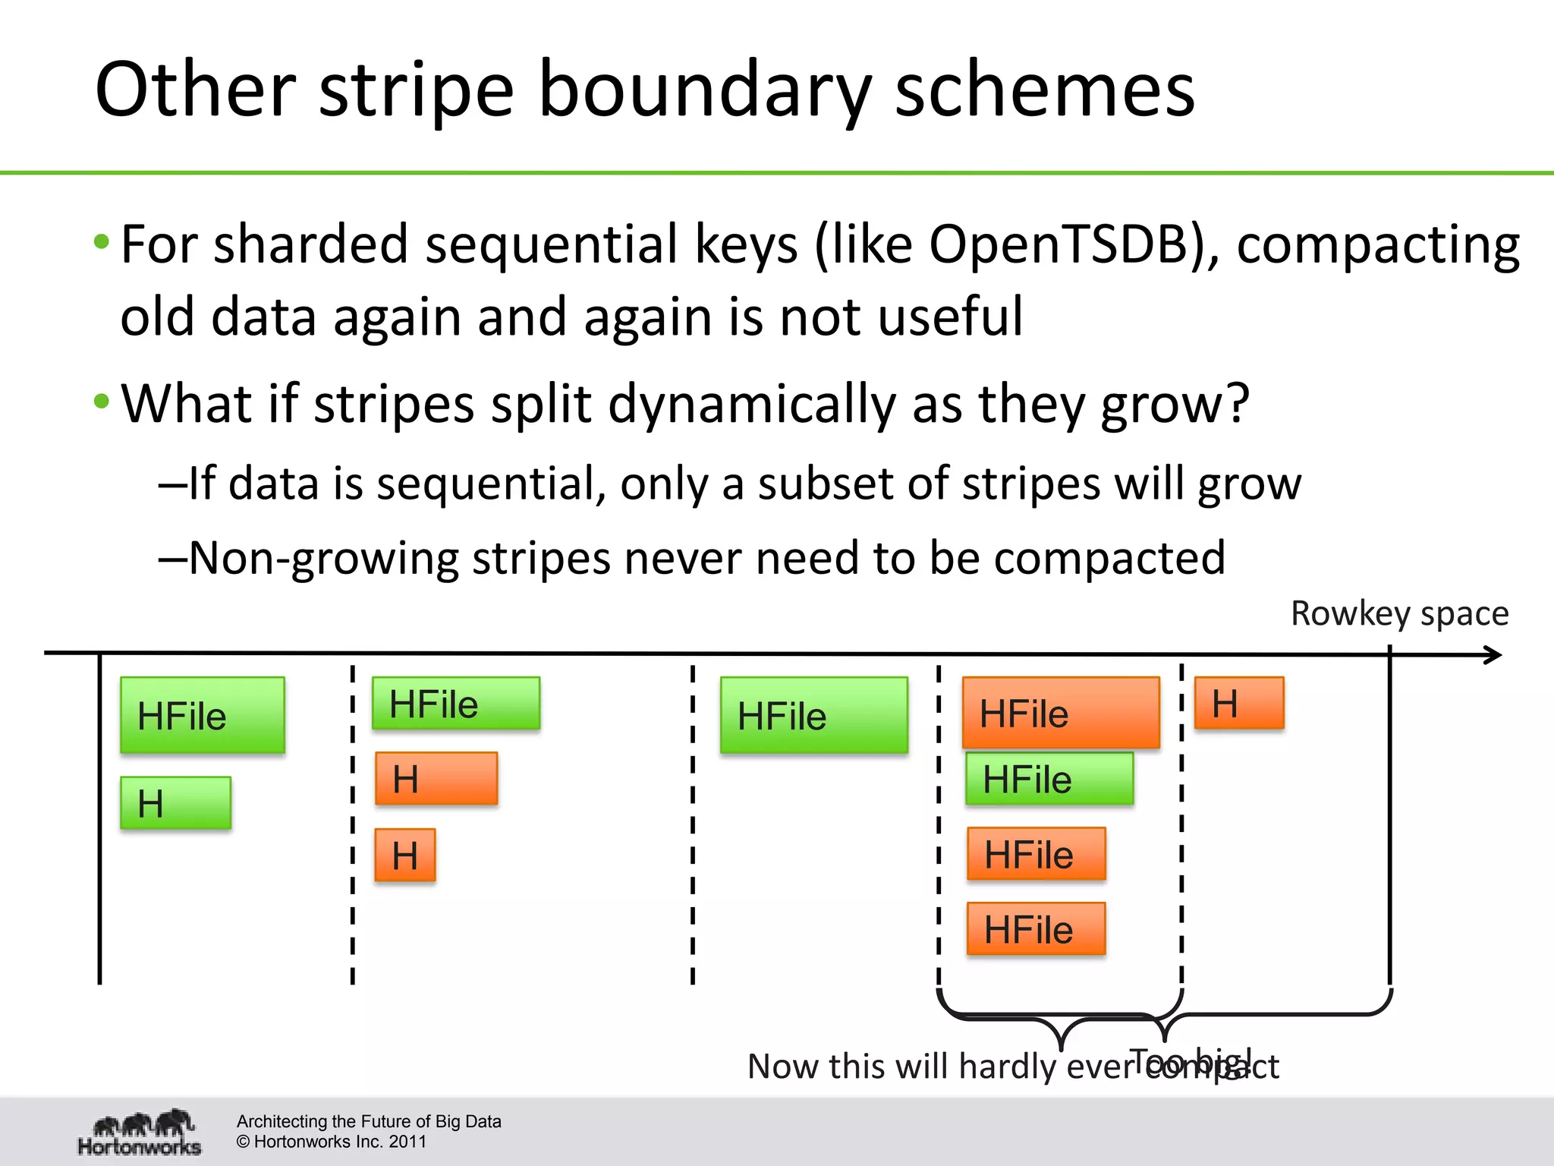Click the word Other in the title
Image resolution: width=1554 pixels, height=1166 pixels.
pyautogui.click(x=195, y=90)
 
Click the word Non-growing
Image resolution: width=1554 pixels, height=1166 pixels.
pyautogui.click(x=324, y=558)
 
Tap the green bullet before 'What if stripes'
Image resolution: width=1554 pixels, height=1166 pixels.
pyautogui.click(x=102, y=401)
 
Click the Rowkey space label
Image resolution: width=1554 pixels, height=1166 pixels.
pyautogui.click(x=1399, y=613)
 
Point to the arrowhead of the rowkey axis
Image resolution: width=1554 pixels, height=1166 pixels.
pyautogui.click(x=1493, y=655)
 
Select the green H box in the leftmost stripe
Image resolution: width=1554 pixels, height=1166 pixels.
pyautogui.click(x=175, y=802)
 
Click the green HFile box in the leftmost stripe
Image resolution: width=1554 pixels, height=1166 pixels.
pyautogui.click(x=203, y=715)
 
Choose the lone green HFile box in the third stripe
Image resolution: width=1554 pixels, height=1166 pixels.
pyautogui.click(x=813, y=715)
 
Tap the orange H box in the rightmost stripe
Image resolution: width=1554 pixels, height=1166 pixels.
pyautogui.click(x=1239, y=703)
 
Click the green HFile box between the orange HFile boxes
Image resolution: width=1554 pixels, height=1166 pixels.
pyautogui.click(x=1049, y=779)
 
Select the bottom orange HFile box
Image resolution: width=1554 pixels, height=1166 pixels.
pyautogui.click(x=1036, y=929)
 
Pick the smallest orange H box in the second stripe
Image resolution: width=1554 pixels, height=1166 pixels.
pyautogui.click(x=405, y=856)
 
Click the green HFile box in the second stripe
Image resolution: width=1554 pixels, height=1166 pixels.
pyautogui.click(x=456, y=704)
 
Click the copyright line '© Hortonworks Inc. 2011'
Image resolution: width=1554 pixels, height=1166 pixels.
pyautogui.click(x=331, y=1142)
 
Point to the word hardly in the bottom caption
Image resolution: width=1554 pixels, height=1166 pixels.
pyautogui.click(x=1007, y=1067)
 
